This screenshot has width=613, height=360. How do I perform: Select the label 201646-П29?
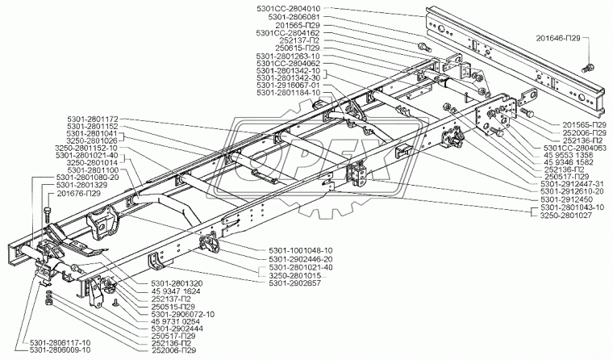point(559,38)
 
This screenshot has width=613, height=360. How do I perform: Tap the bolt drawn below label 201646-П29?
point(591,65)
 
